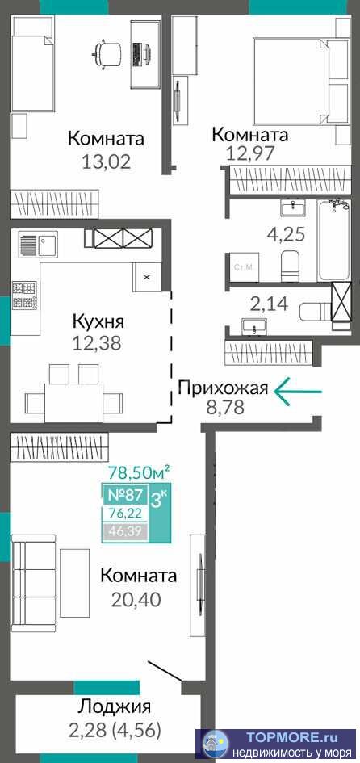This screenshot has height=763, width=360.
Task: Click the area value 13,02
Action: click(x=106, y=161)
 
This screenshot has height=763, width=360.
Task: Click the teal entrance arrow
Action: click(x=297, y=392)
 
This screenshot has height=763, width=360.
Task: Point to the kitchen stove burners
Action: click(x=23, y=295)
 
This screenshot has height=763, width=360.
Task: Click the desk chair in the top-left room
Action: click(x=107, y=53)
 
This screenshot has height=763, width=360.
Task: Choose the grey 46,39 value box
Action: click(x=120, y=530)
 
